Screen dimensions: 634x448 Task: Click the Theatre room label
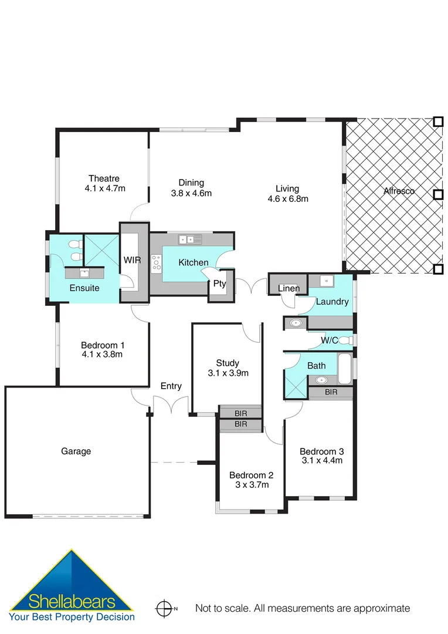104,178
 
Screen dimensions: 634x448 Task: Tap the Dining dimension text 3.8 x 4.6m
191,193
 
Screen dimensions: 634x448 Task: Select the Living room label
287,188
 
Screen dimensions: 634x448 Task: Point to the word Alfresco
399,191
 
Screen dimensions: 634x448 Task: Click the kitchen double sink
190,239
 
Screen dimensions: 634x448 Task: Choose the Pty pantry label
219,284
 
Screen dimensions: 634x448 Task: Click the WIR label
131,260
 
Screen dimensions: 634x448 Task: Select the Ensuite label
84,288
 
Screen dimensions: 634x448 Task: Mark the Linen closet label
289,288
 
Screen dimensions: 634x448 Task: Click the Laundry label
332,302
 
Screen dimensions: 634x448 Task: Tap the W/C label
329,340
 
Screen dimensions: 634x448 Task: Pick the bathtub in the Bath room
345,367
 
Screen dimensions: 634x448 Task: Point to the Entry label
171,386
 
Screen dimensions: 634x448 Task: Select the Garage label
76,451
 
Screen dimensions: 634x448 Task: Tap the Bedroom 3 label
321,451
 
